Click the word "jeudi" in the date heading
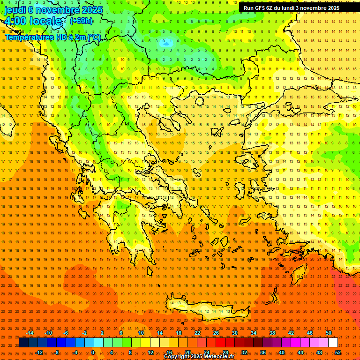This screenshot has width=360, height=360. tap(15, 10)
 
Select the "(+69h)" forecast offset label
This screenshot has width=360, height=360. tap(81, 21)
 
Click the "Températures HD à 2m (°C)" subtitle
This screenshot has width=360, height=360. tap(52, 37)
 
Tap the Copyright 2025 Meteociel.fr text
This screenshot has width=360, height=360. tap(199, 357)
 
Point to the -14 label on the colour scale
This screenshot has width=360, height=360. tap(30, 333)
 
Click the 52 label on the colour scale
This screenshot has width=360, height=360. tap(338, 352)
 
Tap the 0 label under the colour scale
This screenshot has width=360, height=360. tap(93, 352)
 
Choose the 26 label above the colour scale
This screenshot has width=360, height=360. tap(216, 333)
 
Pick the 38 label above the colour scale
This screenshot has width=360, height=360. tap(272, 333)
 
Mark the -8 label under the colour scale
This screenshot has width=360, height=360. tap(57, 352)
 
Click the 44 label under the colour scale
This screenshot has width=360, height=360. tap(300, 352)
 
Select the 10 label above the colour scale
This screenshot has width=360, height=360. tap(141, 333)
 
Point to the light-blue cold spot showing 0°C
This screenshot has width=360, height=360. tap(165, 41)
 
